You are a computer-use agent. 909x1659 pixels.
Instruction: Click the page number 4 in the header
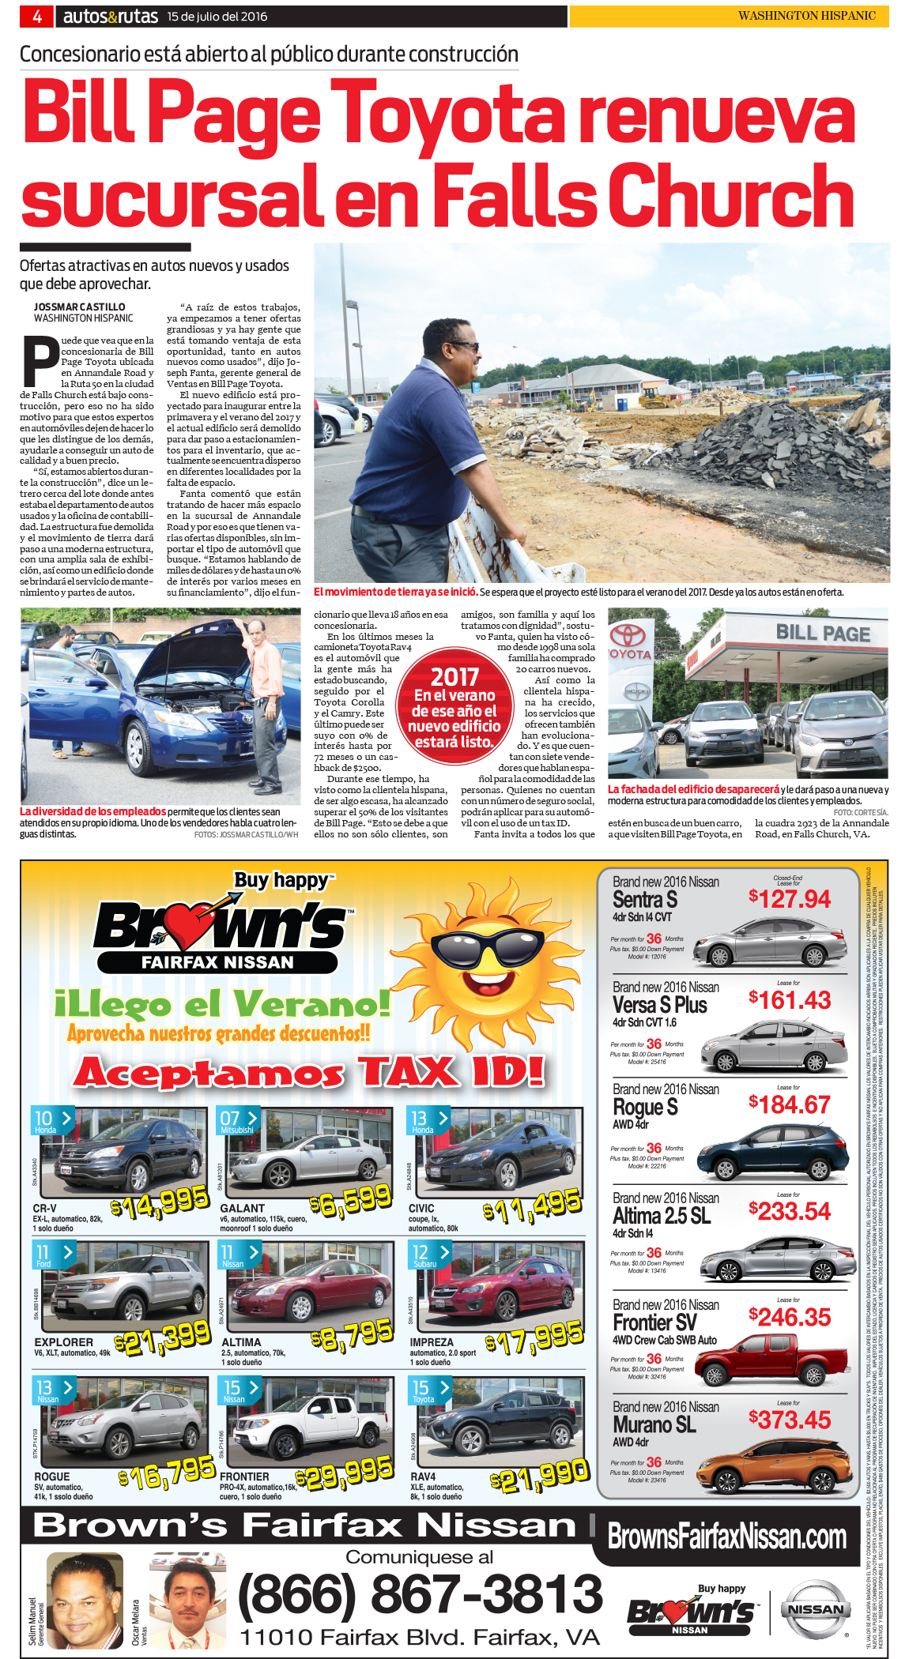pyautogui.click(x=37, y=16)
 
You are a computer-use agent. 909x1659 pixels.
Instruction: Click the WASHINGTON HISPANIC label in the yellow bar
pyautogui.click(x=806, y=16)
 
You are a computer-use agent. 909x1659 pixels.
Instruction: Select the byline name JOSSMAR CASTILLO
pyautogui.click(x=79, y=307)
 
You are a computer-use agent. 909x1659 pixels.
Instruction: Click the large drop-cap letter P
pyautogui.click(x=40, y=361)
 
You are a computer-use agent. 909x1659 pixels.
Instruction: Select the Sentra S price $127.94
pyautogui.click(x=790, y=898)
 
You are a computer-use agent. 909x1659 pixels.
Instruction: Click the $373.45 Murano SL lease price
pyautogui.click(x=790, y=1420)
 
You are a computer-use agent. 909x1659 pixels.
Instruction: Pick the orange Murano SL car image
pyautogui.click(x=775, y=1464)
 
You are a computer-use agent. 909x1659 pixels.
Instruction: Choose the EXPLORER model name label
pyautogui.click(x=63, y=1342)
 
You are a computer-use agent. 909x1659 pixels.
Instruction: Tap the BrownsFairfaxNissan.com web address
pyautogui.click(x=726, y=1537)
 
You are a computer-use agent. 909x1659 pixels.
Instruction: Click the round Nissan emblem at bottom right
pyautogui.click(x=816, y=1609)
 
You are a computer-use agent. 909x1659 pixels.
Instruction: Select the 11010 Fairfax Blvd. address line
pyautogui.click(x=419, y=1637)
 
